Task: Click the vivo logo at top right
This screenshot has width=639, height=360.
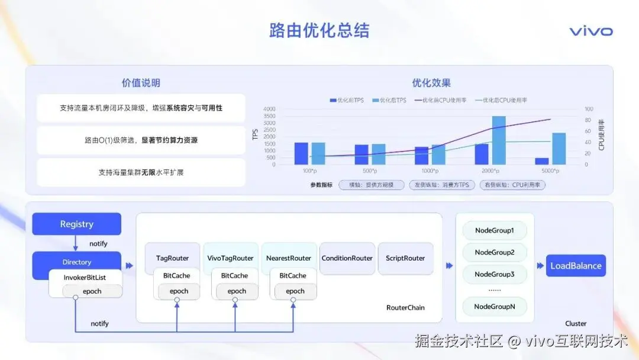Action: pyautogui.click(x=590, y=31)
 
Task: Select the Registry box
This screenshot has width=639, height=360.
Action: pyautogui.click(x=76, y=224)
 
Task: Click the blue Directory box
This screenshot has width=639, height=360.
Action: pyautogui.click(x=76, y=262)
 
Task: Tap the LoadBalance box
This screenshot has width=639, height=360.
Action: pyautogui.click(x=576, y=266)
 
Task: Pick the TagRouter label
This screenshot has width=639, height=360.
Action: pyautogui.click(x=172, y=258)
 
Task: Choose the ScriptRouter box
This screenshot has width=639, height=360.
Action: pyautogui.click(x=405, y=258)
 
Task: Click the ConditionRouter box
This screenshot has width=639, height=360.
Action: pyautogui.click(x=347, y=258)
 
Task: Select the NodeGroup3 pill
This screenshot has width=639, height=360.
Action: pyautogui.click(x=495, y=274)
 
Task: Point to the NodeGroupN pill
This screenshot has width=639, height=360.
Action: pyautogui.click(x=495, y=306)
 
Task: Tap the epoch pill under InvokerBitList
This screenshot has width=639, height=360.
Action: pyautogui.click(x=92, y=291)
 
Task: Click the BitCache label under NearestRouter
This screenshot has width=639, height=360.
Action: pyautogui.click(x=293, y=275)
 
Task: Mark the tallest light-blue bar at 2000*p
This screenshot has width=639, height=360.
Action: pyautogui.click(x=499, y=140)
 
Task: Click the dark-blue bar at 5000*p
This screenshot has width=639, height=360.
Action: pyautogui.click(x=542, y=161)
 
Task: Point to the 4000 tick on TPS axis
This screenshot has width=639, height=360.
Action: pyautogui.click(x=269, y=109)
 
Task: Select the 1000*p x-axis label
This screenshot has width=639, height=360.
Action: pyautogui.click(x=430, y=171)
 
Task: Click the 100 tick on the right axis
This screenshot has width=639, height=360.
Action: pyautogui.click(x=589, y=109)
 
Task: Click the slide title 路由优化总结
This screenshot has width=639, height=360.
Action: pyautogui.click(x=319, y=31)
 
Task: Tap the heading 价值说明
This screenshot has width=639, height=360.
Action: pyautogui.click(x=141, y=83)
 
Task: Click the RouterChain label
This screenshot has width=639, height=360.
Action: pyautogui.click(x=405, y=307)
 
